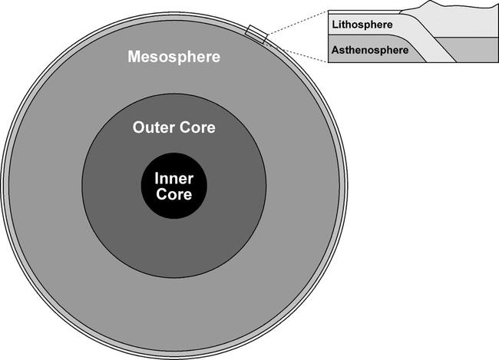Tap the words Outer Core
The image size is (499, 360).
click(x=174, y=127)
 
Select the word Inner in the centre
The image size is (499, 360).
click(x=173, y=178)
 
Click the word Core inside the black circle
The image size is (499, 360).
click(x=173, y=193)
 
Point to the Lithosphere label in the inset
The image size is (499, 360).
click(x=362, y=24)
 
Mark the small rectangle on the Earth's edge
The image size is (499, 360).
click(x=256, y=34)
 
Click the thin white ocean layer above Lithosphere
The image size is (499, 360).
click(x=361, y=14)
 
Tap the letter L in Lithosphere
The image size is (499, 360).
click(x=335, y=24)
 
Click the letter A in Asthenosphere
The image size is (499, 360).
click(x=335, y=51)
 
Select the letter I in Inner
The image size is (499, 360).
click(x=157, y=178)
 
